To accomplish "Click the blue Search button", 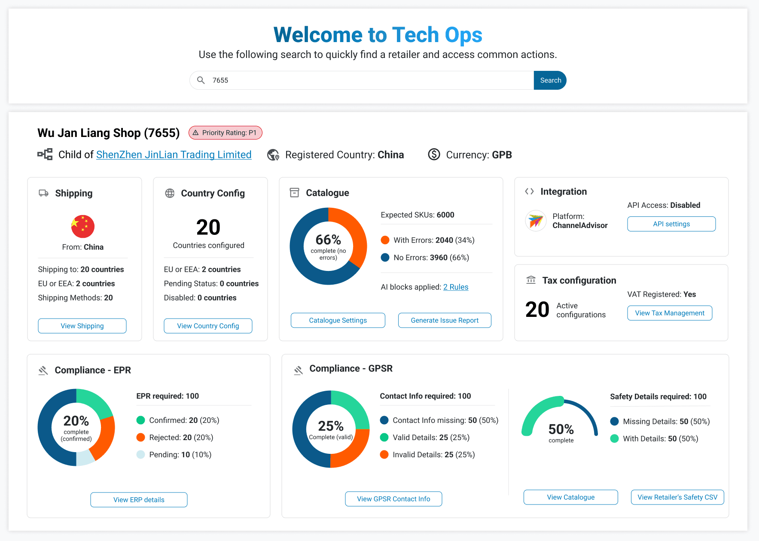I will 550,80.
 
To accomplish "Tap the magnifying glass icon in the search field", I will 201,80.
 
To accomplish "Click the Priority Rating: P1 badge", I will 225,133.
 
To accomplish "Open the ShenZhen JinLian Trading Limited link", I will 174,155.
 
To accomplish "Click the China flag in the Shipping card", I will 82,226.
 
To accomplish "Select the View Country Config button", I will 208,326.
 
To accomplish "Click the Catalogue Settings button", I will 338,320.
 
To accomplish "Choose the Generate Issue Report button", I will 444,320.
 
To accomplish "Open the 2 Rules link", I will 455,287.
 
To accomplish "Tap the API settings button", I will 671,224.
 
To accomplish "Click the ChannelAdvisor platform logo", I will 536,221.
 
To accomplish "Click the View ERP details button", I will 139,500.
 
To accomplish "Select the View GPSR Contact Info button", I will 393,499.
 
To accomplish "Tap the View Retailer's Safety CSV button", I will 677,497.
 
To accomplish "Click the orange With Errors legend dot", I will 385,240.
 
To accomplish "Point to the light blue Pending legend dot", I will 140,455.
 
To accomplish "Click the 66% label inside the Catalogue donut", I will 328,240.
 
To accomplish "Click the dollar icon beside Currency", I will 434,155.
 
